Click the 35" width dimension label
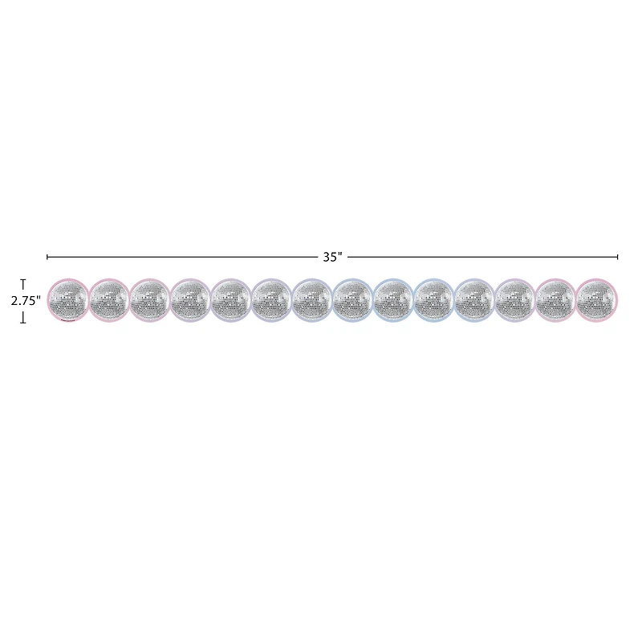click(x=332, y=257)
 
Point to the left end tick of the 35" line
click(x=47, y=257)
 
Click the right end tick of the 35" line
click(x=618, y=257)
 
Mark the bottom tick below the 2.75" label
click(x=24, y=319)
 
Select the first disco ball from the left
click(x=68, y=300)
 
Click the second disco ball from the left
click(x=109, y=300)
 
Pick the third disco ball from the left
click(x=149, y=300)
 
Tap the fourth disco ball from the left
click(x=190, y=300)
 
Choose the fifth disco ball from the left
click(x=231, y=300)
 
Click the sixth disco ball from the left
click(x=271, y=300)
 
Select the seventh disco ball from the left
click(x=312, y=300)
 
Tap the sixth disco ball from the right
click(x=393, y=300)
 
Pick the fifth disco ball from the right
click(x=434, y=300)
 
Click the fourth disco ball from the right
click(x=474, y=300)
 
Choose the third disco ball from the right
click(x=515, y=300)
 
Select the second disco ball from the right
click(x=555, y=300)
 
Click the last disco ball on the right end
click(x=596, y=300)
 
